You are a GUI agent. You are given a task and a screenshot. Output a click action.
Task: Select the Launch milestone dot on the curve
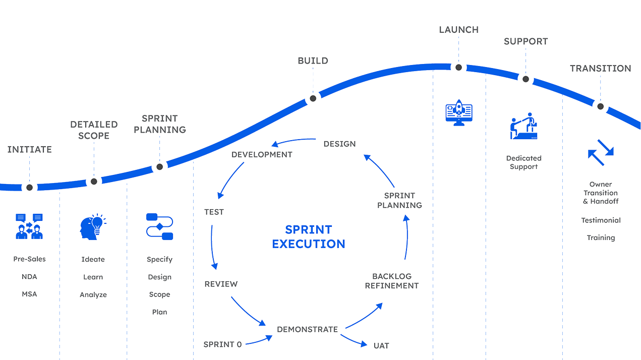(x=458, y=67)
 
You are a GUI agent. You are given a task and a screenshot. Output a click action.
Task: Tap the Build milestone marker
(x=313, y=98)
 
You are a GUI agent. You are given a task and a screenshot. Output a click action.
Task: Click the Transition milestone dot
(x=600, y=106)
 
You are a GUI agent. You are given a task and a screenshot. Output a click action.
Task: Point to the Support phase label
(x=526, y=41)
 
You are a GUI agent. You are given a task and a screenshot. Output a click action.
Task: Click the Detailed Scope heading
(x=94, y=130)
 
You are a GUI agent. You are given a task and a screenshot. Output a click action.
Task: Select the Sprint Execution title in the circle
(x=309, y=237)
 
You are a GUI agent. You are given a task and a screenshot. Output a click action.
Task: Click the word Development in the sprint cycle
(x=262, y=155)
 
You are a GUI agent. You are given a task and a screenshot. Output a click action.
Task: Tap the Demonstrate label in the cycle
(x=308, y=329)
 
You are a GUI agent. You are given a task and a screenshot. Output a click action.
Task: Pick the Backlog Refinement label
(x=391, y=281)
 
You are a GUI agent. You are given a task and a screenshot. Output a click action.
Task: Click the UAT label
(x=381, y=346)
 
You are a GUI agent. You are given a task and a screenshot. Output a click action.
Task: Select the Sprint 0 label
(x=222, y=344)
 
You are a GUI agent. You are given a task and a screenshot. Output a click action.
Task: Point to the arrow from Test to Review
(x=213, y=247)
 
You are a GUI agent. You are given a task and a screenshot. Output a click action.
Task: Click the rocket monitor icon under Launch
(x=459, y=113)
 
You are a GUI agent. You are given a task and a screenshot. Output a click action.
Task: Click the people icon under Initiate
(x=29, y=226)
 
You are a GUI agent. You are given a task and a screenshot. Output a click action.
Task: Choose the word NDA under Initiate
(x=29, y=277)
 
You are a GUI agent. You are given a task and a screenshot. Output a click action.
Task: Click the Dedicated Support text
(x=523, y=162)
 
